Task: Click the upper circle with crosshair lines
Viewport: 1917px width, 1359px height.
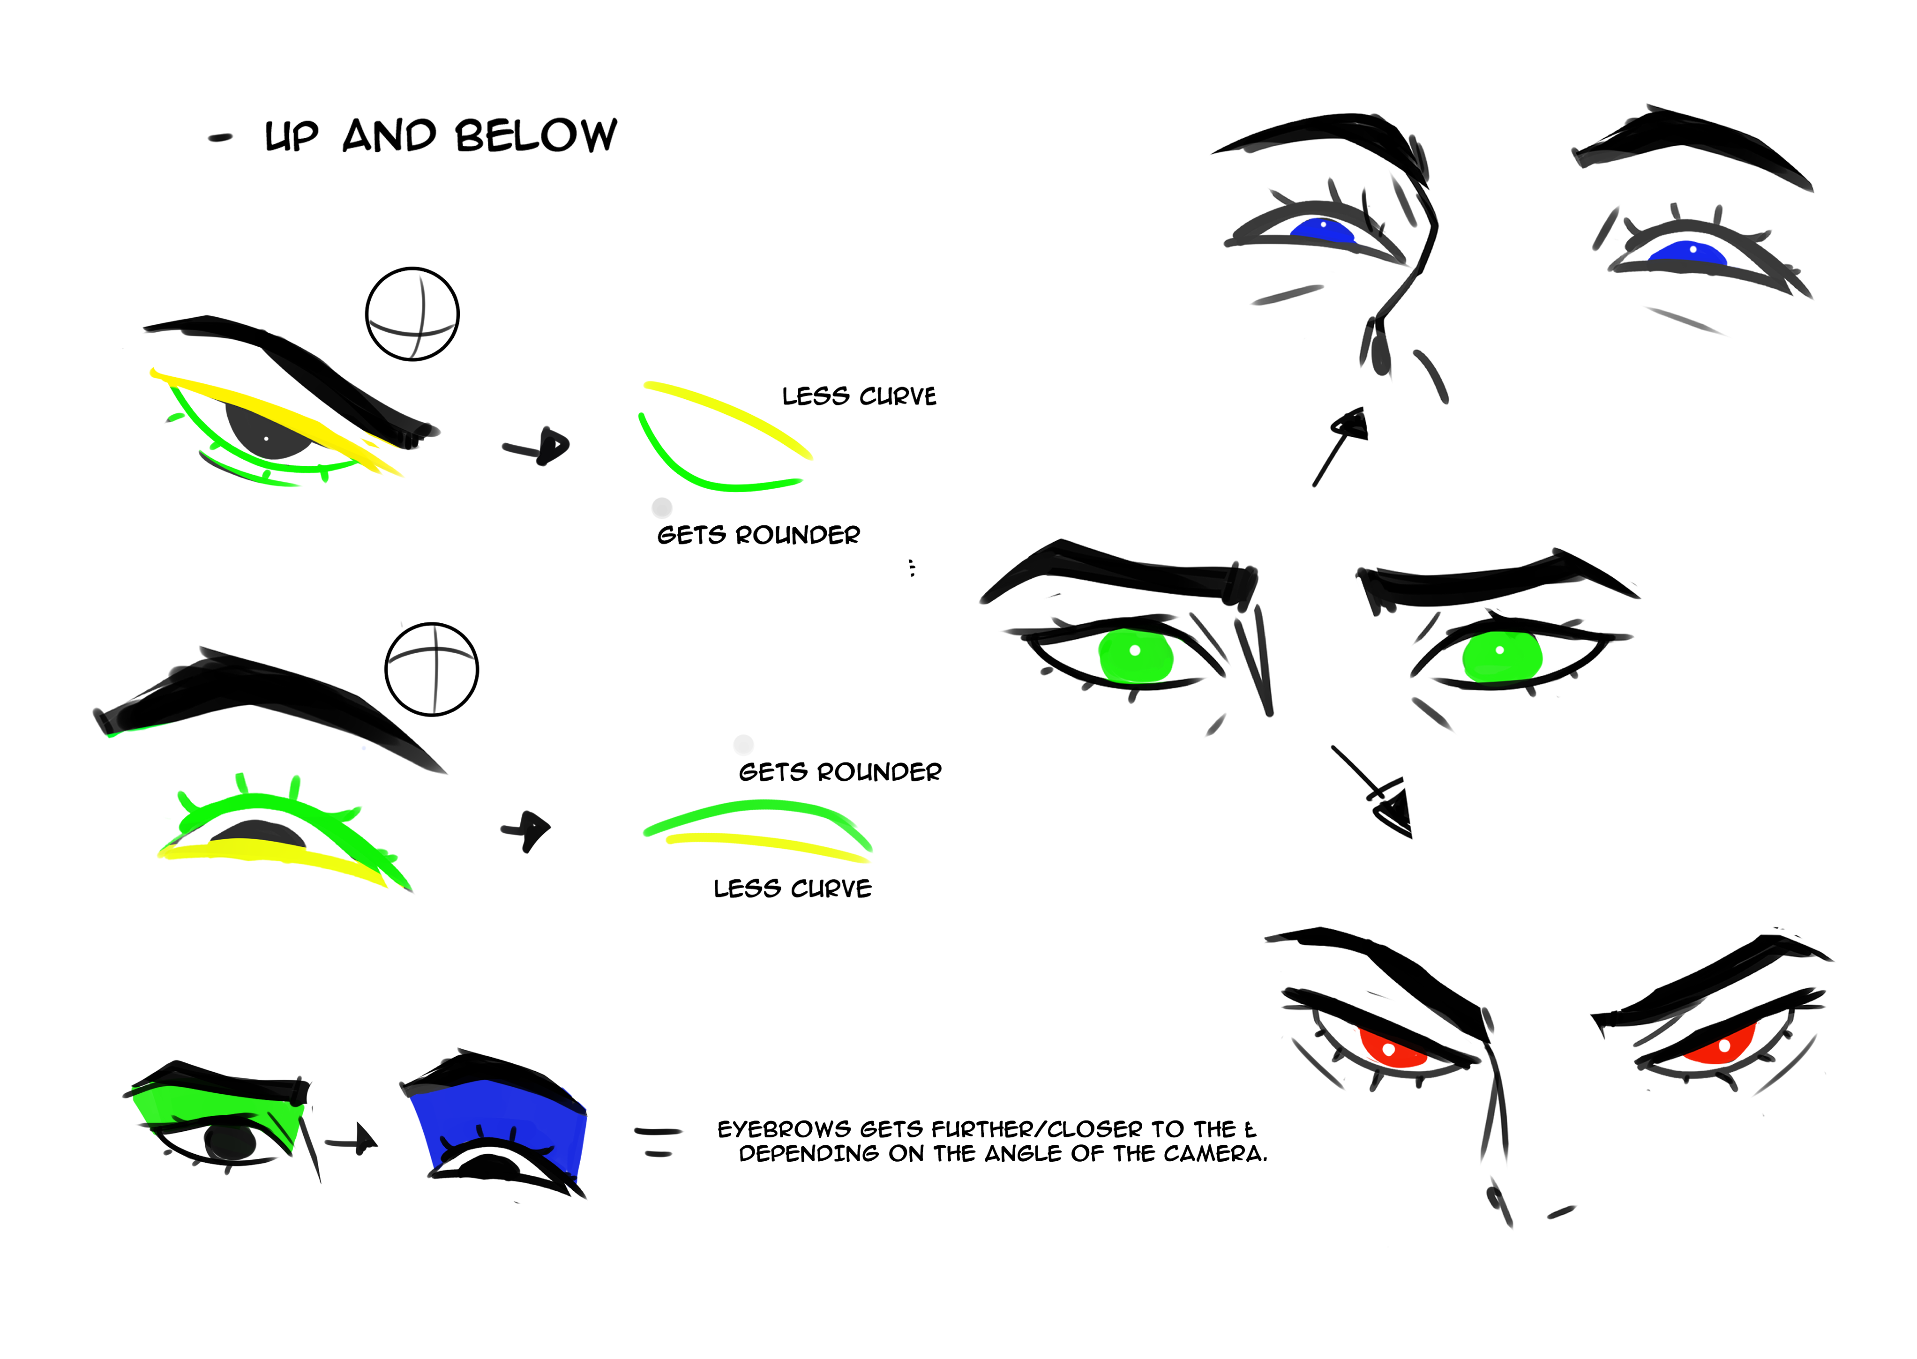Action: coord(412,314)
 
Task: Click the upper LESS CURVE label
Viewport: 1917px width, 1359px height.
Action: coord(859,396)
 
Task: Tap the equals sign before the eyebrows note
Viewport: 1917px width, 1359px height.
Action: coord(659,1142)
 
